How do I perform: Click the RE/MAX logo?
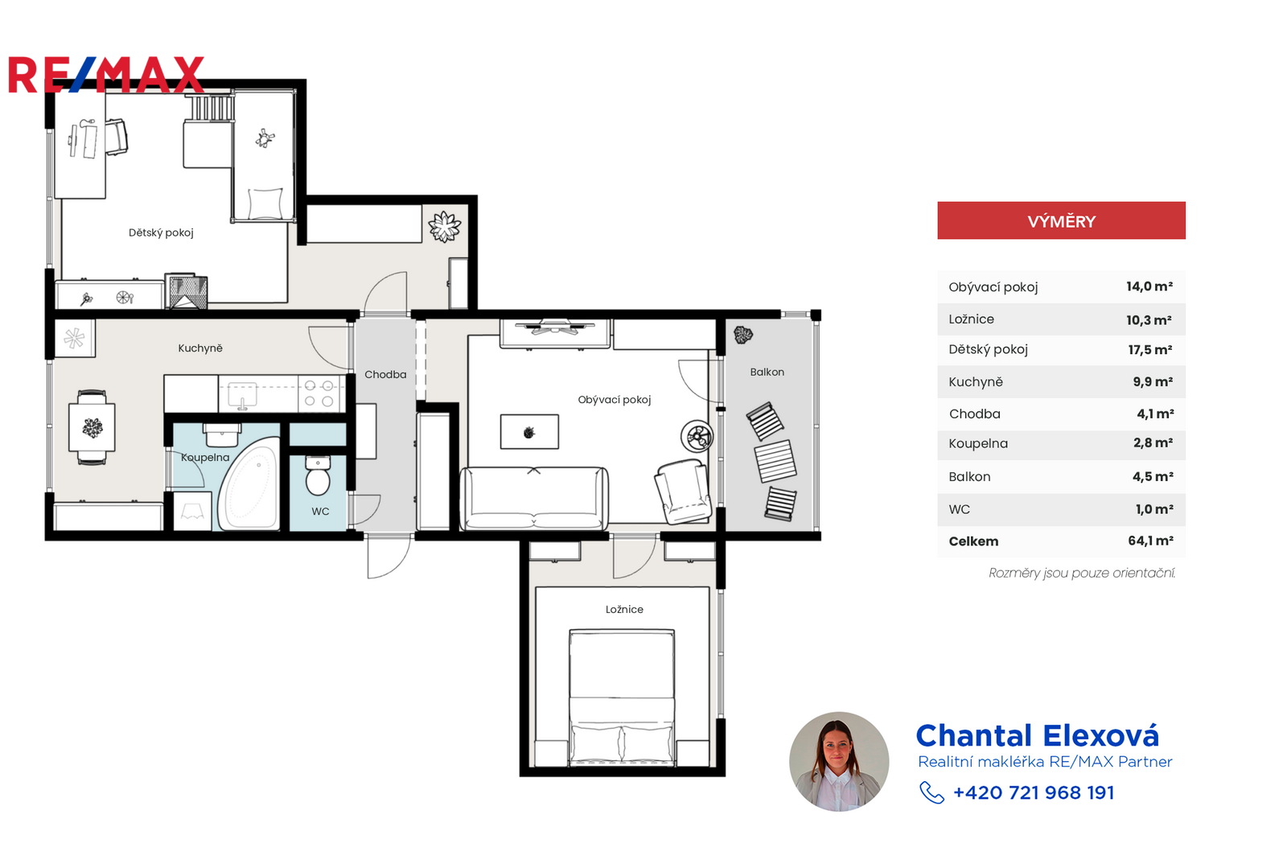coord(106,75)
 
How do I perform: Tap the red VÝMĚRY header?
coord(1061,220)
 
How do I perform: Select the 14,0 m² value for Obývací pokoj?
coord(1149,286)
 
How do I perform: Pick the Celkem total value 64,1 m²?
coord(1150,541)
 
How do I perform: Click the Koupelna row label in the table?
coord(978,443)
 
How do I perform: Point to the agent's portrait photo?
coord(839,762)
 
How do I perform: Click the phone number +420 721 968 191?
coord(1034,792)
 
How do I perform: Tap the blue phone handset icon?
coord(931,792)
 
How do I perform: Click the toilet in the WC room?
coord(318,475)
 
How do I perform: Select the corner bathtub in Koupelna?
coord(250,483)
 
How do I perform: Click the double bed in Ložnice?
coord(622,698)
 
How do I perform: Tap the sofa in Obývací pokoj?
coord(534,498)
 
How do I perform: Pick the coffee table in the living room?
coord(529,431)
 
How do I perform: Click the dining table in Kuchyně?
coord(92,427)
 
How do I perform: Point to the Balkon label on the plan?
coord(767,372)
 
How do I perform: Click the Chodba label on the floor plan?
coord(385,375)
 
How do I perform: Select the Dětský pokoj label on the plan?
coord(161,233)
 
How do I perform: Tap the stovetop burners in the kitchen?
coord(319,393)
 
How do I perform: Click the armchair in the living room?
coord(683,492)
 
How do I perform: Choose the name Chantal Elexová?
coord(1037,735)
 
